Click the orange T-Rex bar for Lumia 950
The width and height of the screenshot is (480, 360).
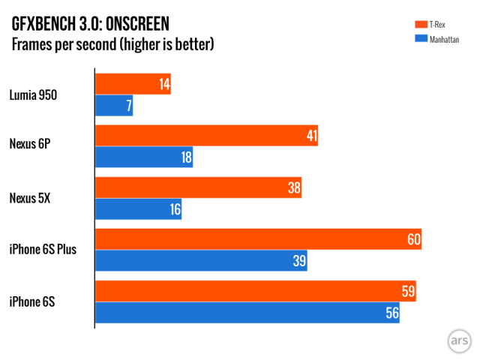tap(133, 84)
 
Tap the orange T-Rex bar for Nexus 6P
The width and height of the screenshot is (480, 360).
tap(206, 136)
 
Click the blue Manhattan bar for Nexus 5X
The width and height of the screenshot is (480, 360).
tap(138, 209)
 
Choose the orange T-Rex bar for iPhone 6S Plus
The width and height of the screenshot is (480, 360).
tap(258, 240)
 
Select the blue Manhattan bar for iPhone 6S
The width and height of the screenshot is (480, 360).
tap(247, 313)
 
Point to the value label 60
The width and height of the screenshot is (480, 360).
tap(413, 240)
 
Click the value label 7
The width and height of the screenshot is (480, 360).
tap(128, 106)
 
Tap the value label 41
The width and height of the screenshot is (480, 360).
tap(311, 136)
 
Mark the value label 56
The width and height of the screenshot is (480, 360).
tap(391, 313)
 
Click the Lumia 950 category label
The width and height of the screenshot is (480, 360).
tap(33, 95)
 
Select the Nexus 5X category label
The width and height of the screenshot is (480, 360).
tap(31, 199)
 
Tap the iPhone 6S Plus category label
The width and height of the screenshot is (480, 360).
tap(43, 250)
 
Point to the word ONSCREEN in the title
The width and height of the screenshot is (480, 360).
tap(139, 24)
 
